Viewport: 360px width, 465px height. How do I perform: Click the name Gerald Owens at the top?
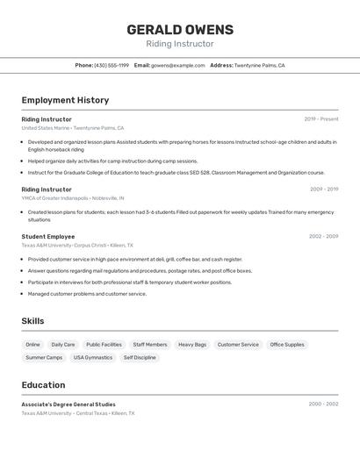pyautogui.click(x=179, y=29)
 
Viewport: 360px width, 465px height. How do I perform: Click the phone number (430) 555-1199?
pyautogui.click(x=112, y=65)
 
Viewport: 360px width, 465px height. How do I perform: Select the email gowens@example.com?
pyautogui.click(x=178, y=65)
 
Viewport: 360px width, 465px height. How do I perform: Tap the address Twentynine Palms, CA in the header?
pyautogui.click(x=259, y=65)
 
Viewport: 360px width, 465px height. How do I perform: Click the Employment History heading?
pyautogui.click(x=65, y=100)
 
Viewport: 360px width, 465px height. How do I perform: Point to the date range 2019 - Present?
pyautogui.click(x=321, y=119)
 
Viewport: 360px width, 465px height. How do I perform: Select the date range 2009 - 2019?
pyautogui.click(x=324, y=190)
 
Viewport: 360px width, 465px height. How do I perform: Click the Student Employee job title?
pyautogui.click(x=48, y=237)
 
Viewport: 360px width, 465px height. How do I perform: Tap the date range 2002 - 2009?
pyautogui.click(x=323, y=237)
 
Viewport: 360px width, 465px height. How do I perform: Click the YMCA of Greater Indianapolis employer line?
pyautogui.click(x=73, y=198)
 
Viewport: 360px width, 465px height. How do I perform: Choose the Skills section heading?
pyautogui.click(x=32, y=321)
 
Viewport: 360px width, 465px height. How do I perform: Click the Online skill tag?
pyautogui.click(x=32, y=345)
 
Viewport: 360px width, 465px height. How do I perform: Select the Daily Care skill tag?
pyautogui.click(x=63, y=345)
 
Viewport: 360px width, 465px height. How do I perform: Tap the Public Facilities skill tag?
pyautogui.click(x=104, y=345)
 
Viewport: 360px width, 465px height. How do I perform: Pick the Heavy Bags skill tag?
pyautogui.click(x=192, y=345)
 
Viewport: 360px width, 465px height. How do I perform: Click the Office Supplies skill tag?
pyautogui.click(x=287, y=345)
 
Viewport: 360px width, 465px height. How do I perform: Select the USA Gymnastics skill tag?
pyautogui.click(x=93, y=358)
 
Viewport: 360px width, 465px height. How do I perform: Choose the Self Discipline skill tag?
pyautogui.click(x=140, y=358)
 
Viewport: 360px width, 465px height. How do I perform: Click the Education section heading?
pyautogui.click(x=43, y=385)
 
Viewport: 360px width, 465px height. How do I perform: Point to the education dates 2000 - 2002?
pyautogui.click(x=323, y=404)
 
